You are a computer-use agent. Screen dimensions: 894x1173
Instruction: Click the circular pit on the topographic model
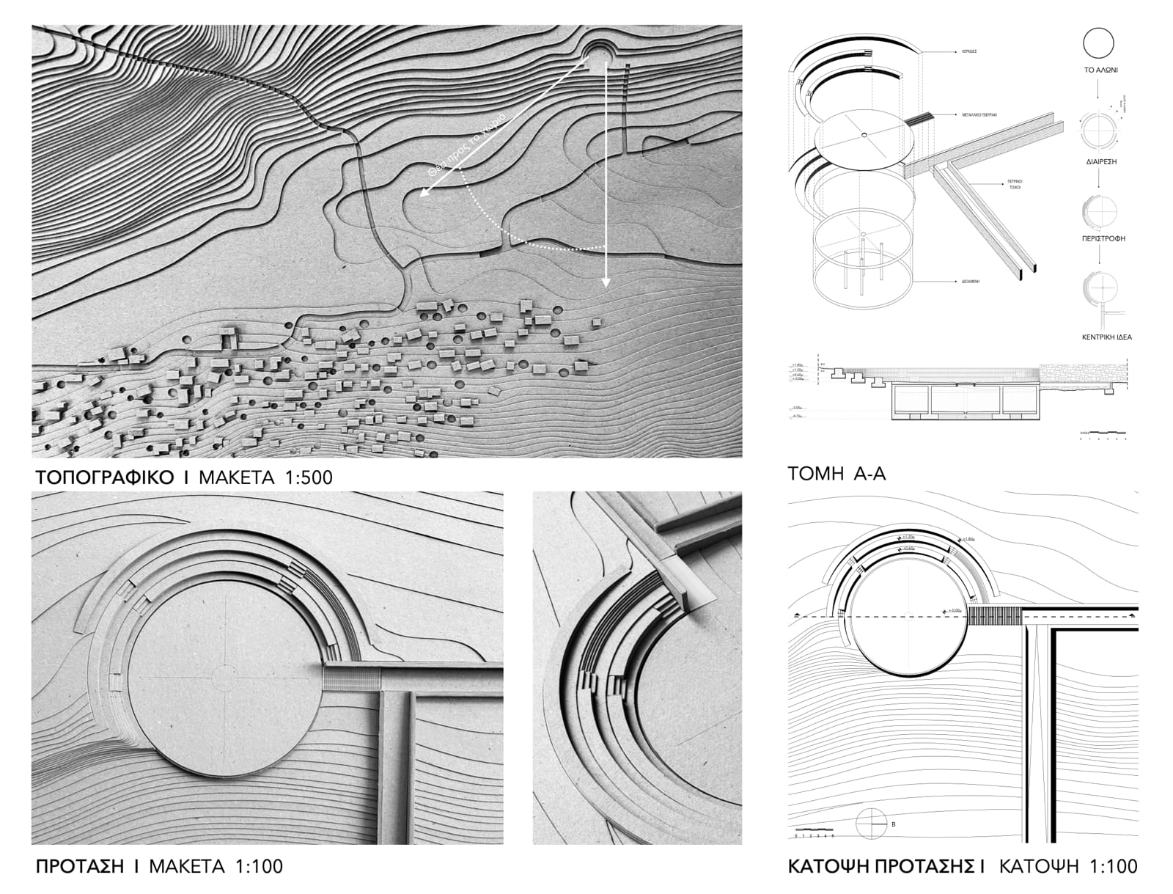[599, 54]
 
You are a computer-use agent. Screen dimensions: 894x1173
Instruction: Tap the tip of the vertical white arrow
[606, 284]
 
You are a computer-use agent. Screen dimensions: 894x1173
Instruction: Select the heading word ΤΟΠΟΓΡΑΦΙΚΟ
[105, 478]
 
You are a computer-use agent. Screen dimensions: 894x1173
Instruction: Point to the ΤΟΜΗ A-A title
[836, 474]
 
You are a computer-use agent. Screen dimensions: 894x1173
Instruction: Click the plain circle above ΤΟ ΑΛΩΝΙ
[1098, 43]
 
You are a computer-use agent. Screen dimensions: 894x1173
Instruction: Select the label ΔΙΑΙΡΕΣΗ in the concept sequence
[1097, 161]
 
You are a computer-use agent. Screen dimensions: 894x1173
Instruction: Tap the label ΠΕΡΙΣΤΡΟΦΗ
[1097, 239]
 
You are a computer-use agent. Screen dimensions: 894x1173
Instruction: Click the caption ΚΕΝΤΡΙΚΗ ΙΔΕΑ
[1097, 337]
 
